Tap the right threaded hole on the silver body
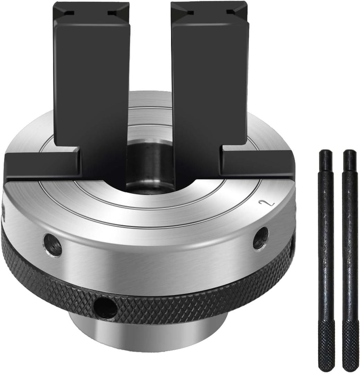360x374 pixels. (261, 238)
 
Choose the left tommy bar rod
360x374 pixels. (326, 260)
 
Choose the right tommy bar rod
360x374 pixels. (350, 260)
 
